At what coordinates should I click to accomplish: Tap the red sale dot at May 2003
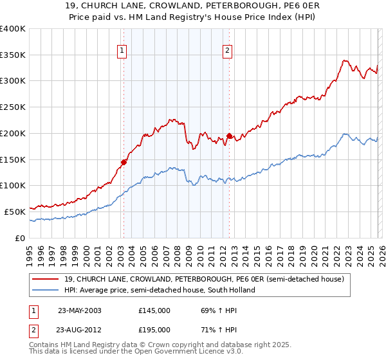pos(124,162)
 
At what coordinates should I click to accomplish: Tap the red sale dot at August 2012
pos(230,136)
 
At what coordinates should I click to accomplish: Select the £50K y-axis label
pos(15,211)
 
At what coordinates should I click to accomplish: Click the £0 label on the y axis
pos(20,237)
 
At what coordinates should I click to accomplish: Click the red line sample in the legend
pos(46,279)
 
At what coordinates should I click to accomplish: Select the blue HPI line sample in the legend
pos(46,290)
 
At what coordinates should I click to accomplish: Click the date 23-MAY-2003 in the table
pos(79,310)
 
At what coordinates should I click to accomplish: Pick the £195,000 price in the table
pos(154,329)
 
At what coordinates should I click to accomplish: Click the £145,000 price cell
pos(154,310)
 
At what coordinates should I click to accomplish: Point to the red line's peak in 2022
pos(345,61)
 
